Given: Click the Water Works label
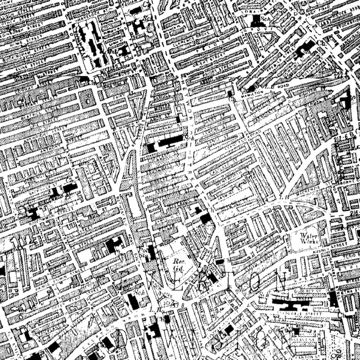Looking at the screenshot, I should (309, 237).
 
